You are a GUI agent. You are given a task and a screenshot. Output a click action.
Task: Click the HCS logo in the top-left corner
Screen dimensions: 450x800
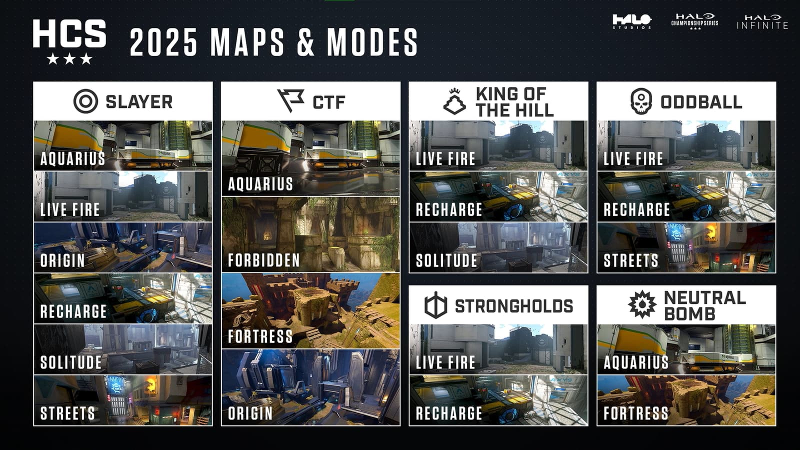[x=69, y=41]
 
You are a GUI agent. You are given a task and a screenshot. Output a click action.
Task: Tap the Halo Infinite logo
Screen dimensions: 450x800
[x=762, y=22]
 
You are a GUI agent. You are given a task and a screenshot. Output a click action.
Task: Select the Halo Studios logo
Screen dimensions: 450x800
[x=632, y=21]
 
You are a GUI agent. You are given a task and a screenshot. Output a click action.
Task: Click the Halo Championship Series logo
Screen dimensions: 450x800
[x=694, y=21]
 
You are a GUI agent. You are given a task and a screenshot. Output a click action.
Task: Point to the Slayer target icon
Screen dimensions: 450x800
[x=85, y=101]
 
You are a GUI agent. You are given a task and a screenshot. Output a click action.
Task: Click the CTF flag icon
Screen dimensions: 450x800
[x=290, y=100]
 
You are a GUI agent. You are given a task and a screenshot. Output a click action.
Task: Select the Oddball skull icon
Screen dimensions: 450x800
[x=641, y=101]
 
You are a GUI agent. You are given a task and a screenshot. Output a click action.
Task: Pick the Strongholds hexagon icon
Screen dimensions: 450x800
[x=435, y=305]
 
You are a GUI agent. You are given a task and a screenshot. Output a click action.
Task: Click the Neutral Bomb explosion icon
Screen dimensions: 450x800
[x=642, y=304]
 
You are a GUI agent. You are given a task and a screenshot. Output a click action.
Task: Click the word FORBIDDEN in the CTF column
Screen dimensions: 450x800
[x=263, y=260]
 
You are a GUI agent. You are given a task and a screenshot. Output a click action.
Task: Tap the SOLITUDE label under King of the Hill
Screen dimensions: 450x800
[x=446, y=260]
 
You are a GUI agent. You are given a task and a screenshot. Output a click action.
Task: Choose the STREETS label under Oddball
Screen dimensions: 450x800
[x=631, y=260]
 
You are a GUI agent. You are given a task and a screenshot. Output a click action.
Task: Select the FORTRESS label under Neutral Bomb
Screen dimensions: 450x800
[x=635, y=413]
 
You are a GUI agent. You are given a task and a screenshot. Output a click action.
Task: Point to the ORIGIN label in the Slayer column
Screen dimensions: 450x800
[x=62, y=260]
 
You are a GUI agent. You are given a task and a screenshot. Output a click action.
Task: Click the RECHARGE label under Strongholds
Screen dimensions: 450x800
[x=449, y=413]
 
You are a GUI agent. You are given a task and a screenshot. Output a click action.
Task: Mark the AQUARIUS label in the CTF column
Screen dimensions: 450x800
[x=260, y=184]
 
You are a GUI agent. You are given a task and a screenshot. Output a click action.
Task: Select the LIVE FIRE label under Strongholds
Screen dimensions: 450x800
[x=445, y=362]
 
